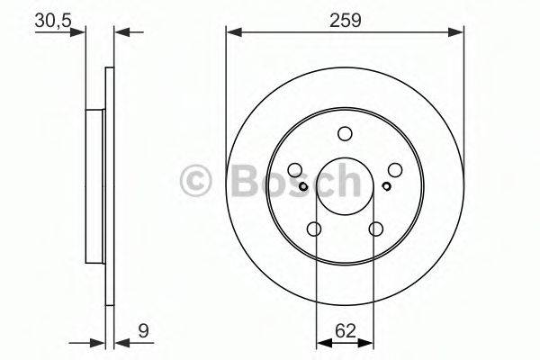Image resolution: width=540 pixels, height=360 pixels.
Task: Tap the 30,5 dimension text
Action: click(53, 18)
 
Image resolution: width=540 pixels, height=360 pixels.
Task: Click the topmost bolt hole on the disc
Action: click(345, 135)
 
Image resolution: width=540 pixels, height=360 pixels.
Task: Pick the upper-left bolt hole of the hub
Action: click(295, 170)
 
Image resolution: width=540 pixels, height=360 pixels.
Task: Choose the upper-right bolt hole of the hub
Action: click(394, 170)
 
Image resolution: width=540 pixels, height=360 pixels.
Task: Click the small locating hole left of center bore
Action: click(305, 187)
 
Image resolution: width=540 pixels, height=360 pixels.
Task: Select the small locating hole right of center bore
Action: click(385, 187)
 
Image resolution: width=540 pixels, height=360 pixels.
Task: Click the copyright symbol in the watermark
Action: click(195, 182)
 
